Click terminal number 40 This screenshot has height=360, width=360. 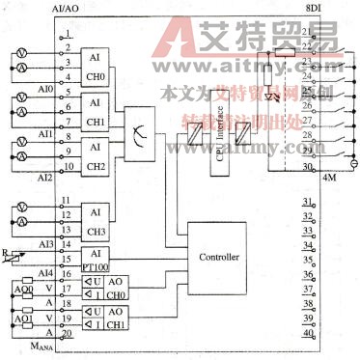(x=308, y=333)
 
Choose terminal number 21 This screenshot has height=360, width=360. (x=308, y=32)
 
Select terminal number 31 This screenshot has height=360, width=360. (x=308, y=203)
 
